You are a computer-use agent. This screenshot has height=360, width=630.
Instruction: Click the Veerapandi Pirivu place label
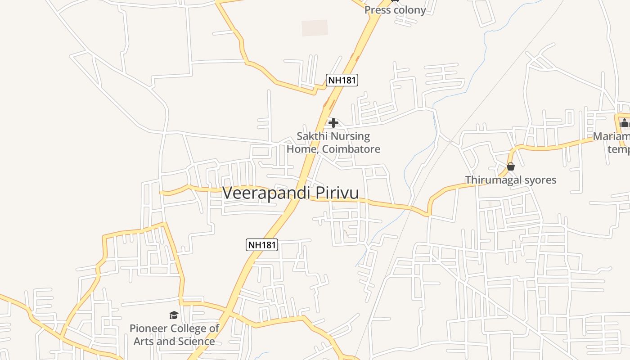click(291, 193)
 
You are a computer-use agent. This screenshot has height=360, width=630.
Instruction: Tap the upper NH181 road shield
click(342, 81)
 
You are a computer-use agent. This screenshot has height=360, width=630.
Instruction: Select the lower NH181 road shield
click(262, 245)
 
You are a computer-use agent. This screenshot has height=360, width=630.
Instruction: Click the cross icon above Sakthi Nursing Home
click(333, 122)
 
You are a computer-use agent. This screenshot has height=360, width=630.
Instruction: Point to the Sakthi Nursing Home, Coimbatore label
click(333, 142)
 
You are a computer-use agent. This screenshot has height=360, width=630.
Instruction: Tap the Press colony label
click(395, 10)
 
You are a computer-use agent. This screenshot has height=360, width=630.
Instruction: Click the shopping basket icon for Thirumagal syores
click(511, 166)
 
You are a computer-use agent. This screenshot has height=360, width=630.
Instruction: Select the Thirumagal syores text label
click(511, 180)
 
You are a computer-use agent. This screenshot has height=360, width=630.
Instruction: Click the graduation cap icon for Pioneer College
click(174, 315)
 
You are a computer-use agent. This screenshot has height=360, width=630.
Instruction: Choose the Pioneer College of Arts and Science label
click(174, 335)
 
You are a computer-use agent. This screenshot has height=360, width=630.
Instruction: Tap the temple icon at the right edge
click(624, 122)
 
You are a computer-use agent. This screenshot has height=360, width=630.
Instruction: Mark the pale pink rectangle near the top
click(315, 28)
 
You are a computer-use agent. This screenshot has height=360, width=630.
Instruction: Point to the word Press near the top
click(377, 10)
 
